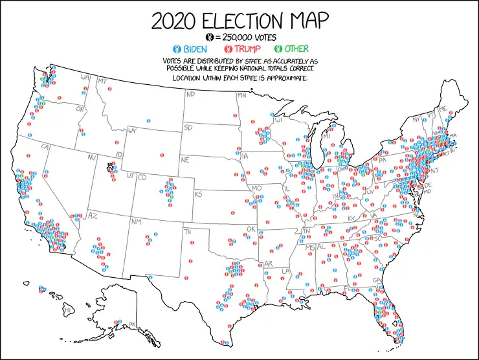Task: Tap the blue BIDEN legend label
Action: [x=195, y=49]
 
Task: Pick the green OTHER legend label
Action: [x=295, y=49]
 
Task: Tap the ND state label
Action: [x=190, y=95]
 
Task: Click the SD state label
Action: [x=188, y=128]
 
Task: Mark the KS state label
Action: [x=199, y=194]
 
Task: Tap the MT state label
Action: [x=102, y=82]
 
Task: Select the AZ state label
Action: [x=92, y=215]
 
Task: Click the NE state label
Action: [x=184, y=159]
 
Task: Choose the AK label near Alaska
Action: [x=133, y=324]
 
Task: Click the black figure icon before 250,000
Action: [x=208, y=38]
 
